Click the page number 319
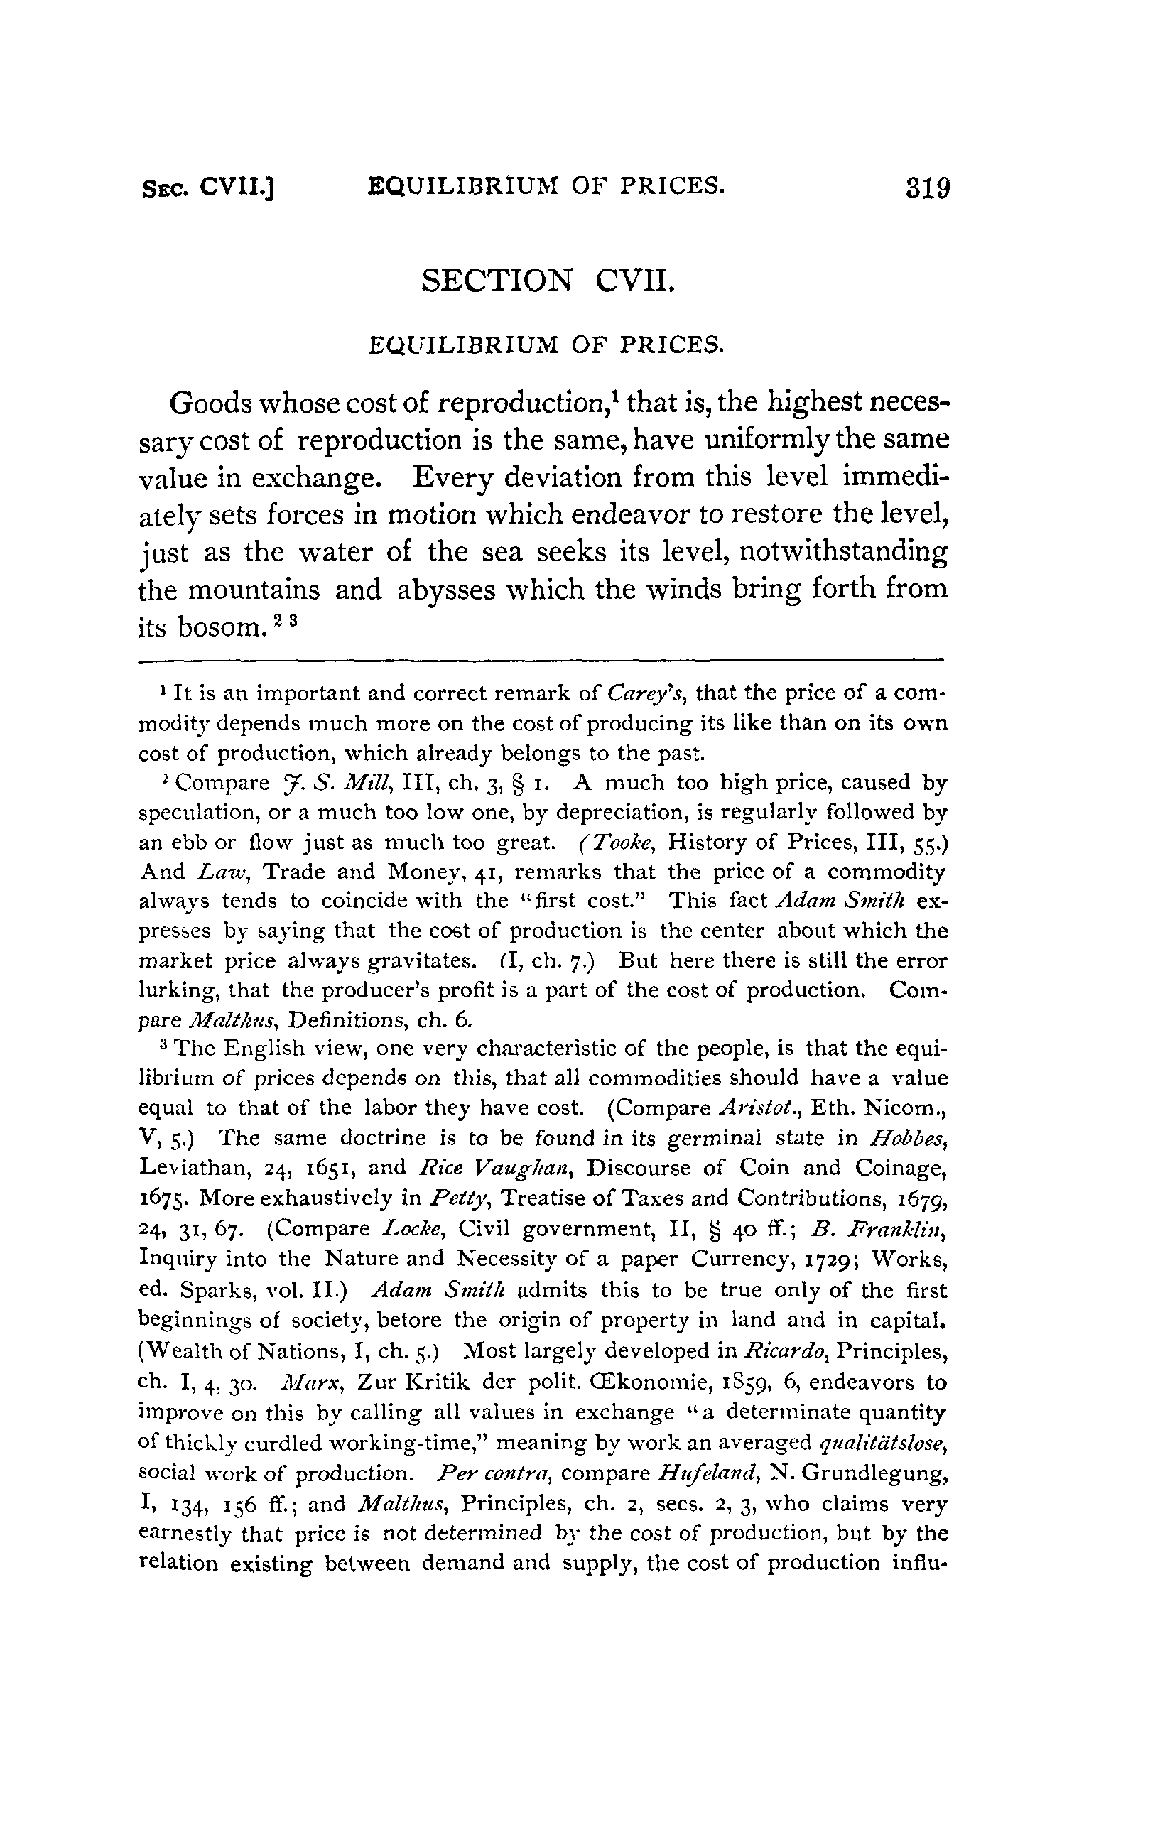click(x=926, y=188)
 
